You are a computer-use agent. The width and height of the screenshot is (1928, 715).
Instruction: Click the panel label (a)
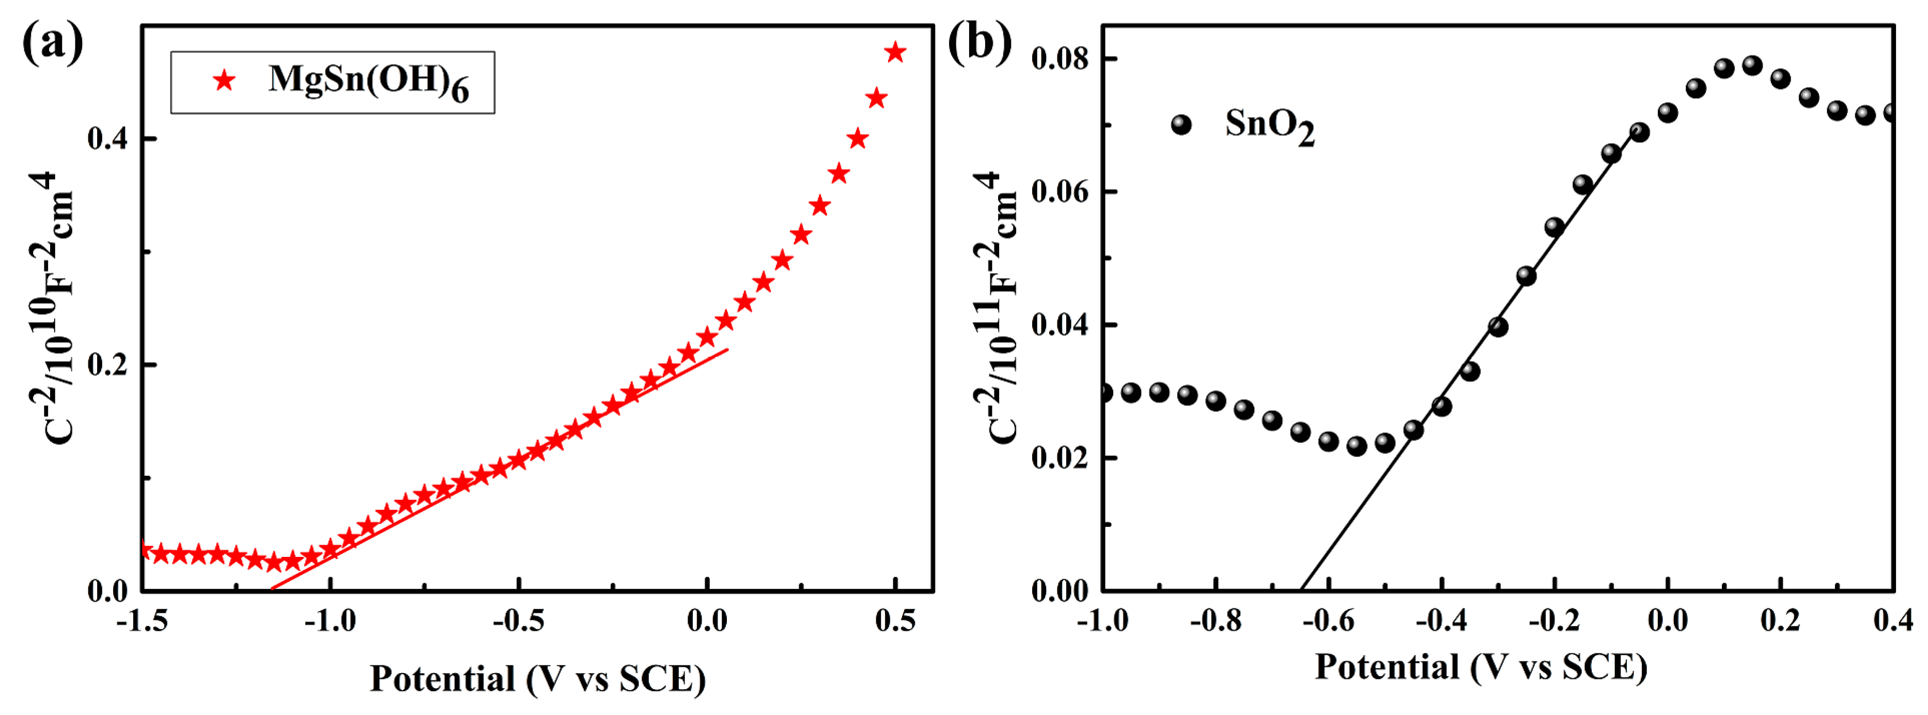52,43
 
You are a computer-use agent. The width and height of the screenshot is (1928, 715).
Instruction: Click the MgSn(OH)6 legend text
368,81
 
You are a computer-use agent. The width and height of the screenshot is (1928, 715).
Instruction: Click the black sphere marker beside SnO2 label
1181,125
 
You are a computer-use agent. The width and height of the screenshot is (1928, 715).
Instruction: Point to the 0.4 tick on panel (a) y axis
110,138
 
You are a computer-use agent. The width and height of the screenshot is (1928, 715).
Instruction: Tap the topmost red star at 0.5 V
895,52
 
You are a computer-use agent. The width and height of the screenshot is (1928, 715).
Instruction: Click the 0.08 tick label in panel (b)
1060,58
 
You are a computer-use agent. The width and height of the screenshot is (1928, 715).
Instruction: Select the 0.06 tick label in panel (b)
1060,192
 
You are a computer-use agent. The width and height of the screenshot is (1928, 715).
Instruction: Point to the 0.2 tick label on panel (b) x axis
1780,621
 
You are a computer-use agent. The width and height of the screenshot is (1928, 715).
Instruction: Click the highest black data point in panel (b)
1752,65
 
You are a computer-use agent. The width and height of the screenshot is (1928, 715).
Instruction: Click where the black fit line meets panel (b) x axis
1301,590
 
